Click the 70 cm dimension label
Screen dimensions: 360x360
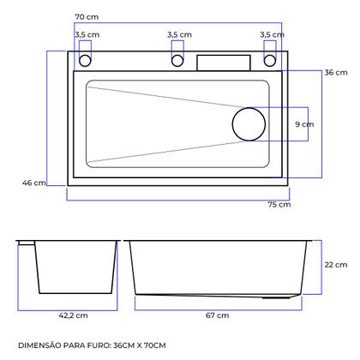coord(85,17)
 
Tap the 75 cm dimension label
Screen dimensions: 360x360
coord(279,205)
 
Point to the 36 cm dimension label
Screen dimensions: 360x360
coord(335,73)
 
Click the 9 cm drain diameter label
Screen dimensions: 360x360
coord(303,124)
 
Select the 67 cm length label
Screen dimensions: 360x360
coord(217,315)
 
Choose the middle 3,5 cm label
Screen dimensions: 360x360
coord(179,34)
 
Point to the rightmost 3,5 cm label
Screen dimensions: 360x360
coord(271,34)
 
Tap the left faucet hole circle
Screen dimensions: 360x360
coord(86,61)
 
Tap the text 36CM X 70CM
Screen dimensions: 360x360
coord(151,345)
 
